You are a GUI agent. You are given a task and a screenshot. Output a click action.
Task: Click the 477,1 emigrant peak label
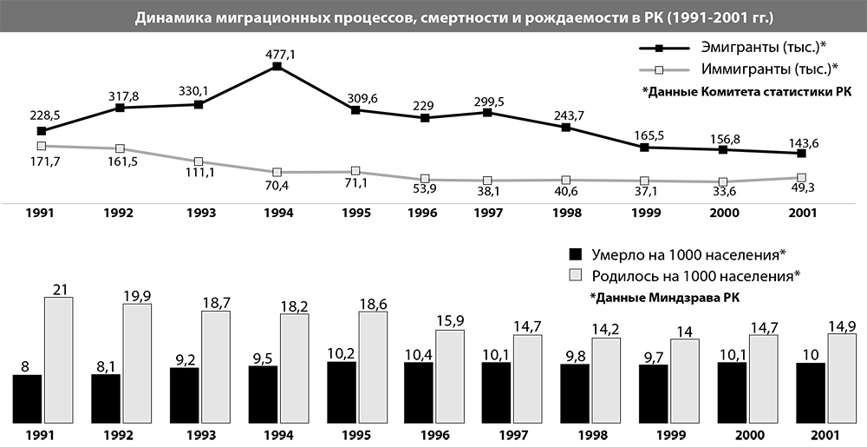[277, 54]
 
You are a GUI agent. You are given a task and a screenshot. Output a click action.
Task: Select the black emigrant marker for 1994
[277, 67]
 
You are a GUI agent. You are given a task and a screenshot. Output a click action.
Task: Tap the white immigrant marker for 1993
[199, 161]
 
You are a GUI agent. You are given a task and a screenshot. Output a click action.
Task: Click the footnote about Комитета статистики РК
[746, 92]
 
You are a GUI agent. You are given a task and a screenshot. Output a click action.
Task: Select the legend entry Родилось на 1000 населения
[694, 276]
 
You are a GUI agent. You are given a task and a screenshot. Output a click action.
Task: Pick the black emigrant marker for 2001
[801, 154]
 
